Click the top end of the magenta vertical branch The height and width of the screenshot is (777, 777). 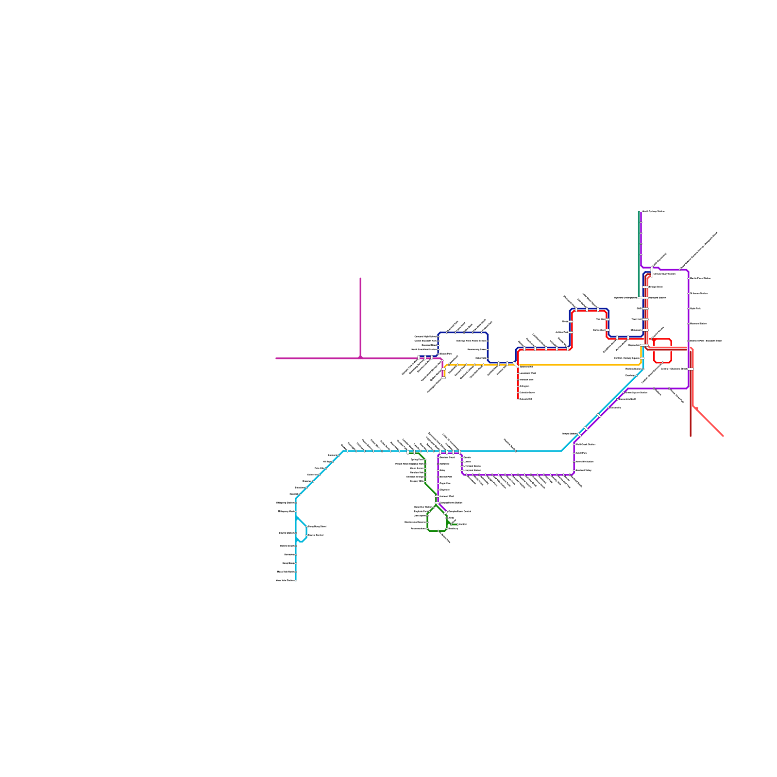(360, 279)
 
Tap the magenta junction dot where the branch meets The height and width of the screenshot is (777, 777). (360, 357)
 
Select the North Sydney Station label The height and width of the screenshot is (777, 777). (653, 212)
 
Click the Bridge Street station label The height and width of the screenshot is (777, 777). (656, 287)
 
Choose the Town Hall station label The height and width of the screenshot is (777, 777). (636, 319)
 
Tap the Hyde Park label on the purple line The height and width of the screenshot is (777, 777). (695, 308)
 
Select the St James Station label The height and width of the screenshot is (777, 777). (698, 293)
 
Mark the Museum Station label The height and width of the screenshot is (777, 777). (698, 323)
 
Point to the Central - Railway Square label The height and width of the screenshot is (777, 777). (626, 358)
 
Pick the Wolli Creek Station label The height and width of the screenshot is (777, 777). (585, 444)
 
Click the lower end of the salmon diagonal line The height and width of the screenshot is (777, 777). (723, 436)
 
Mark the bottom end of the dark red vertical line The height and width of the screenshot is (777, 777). (691, 436)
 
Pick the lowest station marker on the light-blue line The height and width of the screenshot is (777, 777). (296, 580)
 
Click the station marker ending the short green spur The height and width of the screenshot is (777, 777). (457, 524)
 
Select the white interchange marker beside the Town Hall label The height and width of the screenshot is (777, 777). (645, 319)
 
